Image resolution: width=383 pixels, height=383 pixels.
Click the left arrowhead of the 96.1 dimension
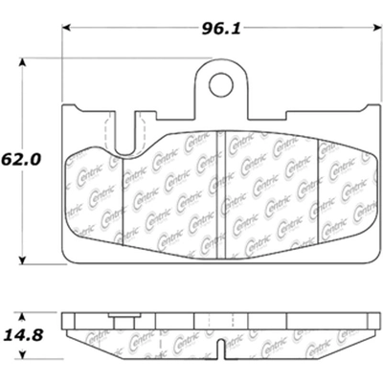click(x=68, y=29)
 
